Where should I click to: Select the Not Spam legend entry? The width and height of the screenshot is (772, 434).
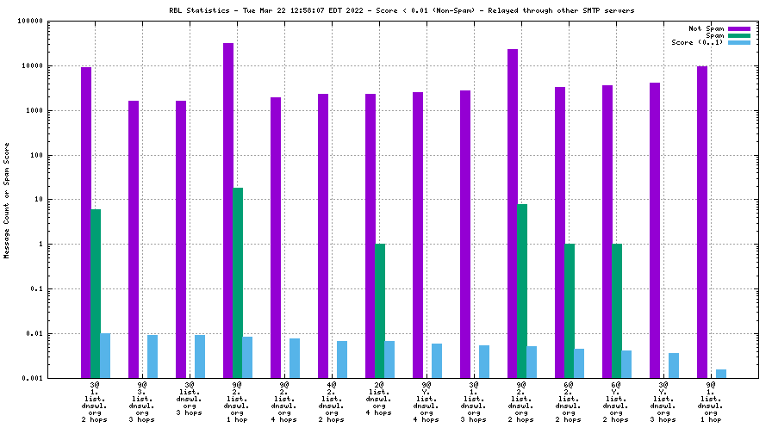coord(706,28)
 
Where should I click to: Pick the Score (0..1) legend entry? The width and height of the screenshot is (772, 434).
coord(698,42)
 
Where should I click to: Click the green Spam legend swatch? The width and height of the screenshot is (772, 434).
coord(739,35)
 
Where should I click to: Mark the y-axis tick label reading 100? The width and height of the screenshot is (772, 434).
coord(38,155)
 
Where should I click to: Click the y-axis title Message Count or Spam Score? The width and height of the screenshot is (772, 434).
coord(7,199)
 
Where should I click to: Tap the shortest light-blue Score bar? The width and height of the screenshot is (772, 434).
coord(721,374)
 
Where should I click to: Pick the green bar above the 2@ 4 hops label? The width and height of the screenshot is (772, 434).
coord(380,311)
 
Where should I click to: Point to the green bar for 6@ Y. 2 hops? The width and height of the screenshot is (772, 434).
coord(617,311)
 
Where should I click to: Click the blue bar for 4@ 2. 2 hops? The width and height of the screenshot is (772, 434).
coord(342,359)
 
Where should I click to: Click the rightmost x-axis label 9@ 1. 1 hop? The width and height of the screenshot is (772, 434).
coord(711,401)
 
